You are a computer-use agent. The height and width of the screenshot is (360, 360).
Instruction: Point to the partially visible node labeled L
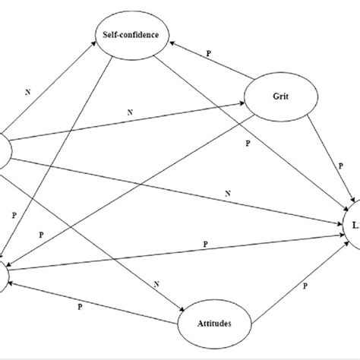click(x=351, y=225)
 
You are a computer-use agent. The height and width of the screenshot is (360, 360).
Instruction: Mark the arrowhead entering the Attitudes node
click(x=182, y=309)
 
